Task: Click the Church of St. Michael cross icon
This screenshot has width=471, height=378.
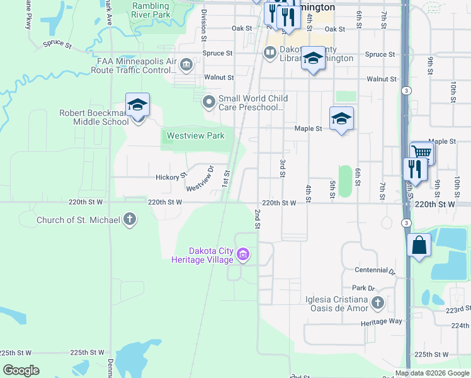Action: click(130, 220)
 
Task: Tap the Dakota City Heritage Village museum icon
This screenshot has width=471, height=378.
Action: click(243, 255)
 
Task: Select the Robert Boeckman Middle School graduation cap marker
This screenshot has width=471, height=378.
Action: click(137, 105)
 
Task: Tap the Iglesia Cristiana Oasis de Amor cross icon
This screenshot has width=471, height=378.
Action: click(377, 303)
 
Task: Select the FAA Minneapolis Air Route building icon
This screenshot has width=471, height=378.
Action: click(186, 65)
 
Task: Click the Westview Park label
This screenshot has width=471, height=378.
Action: click(195, 135)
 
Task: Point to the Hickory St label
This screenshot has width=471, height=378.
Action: click(171, 177)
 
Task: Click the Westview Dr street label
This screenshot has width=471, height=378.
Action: click(200, 179)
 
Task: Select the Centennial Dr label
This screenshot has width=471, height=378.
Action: click(375, 270)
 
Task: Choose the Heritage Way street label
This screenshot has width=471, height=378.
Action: click(382, 323)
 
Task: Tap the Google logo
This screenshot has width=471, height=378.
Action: click(21, 370)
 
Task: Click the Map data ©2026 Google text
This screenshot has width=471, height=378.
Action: click(432, 374)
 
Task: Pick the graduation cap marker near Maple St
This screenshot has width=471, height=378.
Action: click(341, 118)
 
